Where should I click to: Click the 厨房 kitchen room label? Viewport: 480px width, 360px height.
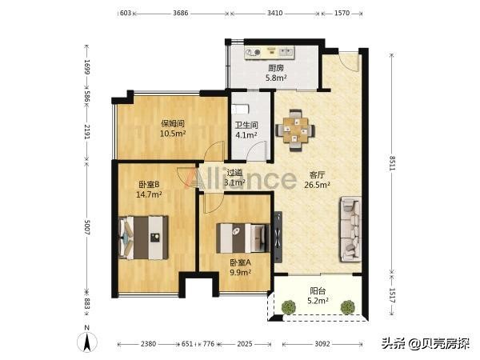pos(276,69)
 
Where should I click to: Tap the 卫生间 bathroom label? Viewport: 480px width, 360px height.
pos(246,125)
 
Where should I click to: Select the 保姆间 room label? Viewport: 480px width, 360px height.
pos(173,123)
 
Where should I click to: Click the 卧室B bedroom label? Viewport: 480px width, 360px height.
pos(150,183)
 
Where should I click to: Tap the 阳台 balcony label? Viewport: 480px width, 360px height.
pos(318,291)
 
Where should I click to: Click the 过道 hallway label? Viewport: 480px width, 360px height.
pos(234,172)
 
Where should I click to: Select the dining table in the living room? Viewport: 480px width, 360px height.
pos(296,128)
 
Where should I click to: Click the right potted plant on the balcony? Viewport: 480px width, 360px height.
pos(347,306)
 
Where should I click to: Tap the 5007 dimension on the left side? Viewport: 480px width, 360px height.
pos(87,228)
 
